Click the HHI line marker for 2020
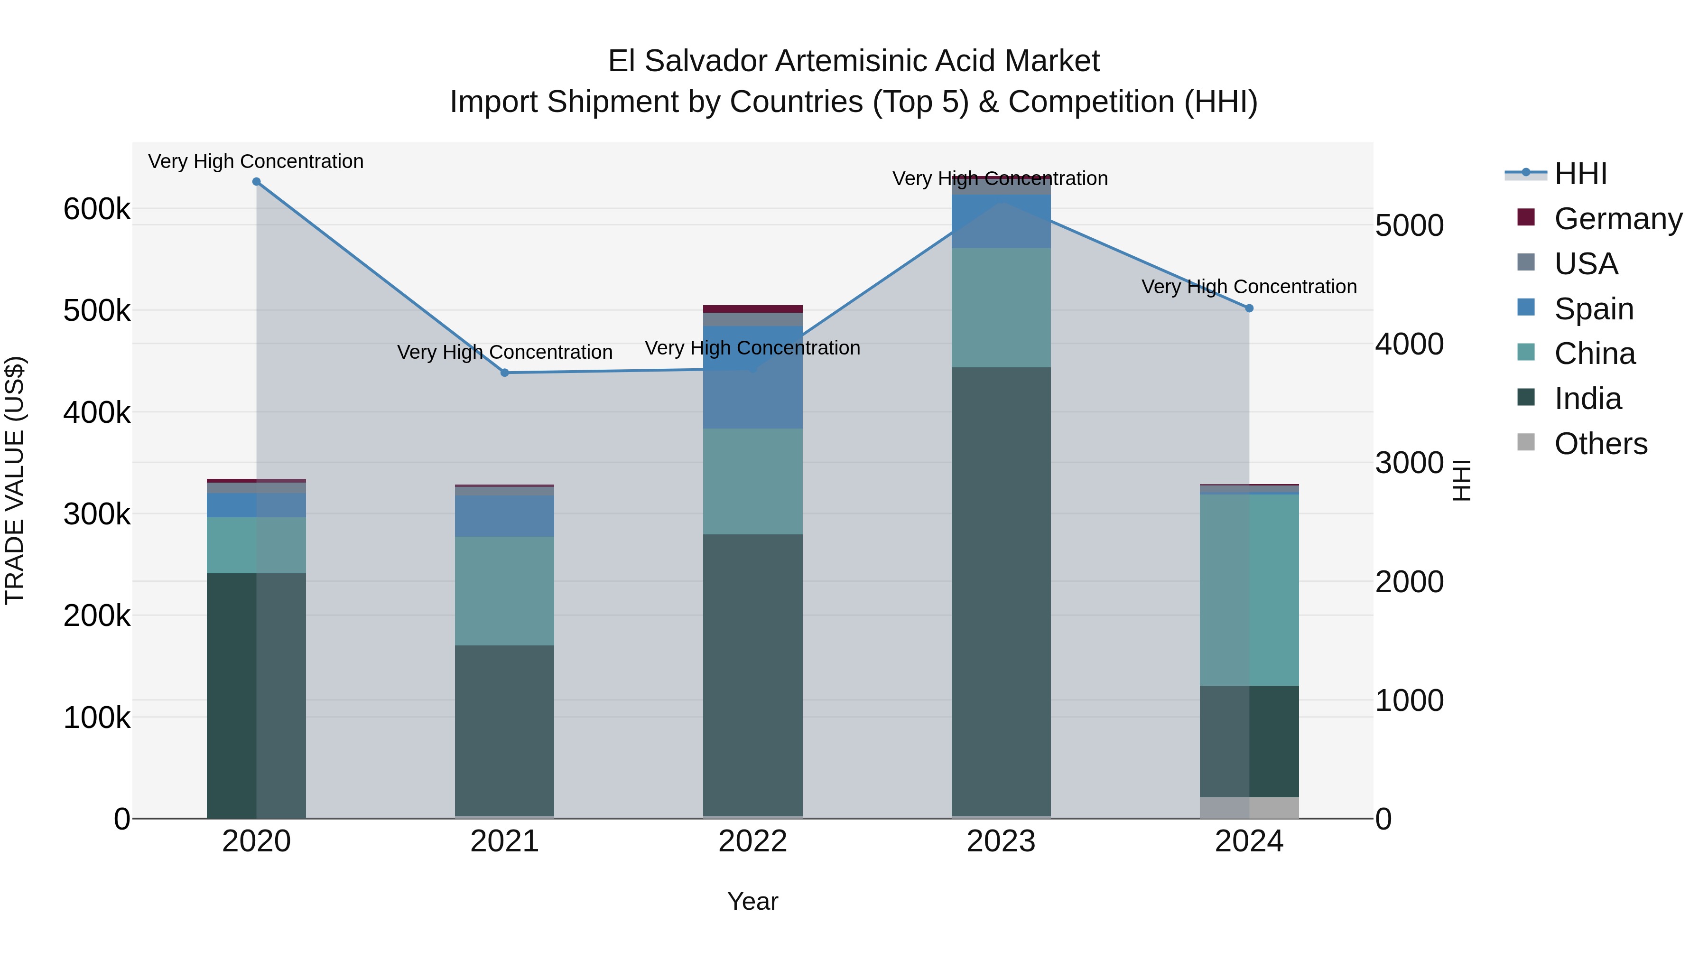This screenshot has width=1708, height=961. click(257, 182)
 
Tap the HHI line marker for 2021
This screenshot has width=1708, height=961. click(505, 373)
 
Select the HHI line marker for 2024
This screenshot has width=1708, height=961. click(1249, 308)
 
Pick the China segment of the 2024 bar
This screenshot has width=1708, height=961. click(1249, 590)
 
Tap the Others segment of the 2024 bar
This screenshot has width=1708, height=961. click(1249, 807)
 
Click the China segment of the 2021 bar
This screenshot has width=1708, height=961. click(505, 591)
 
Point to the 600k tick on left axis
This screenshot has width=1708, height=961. click(97, 210)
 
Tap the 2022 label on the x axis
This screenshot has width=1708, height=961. click(752, 841)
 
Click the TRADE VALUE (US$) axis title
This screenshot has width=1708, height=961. click(15, 480)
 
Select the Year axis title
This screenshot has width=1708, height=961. click(752, 901)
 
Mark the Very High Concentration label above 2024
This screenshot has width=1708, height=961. click(1249, 287)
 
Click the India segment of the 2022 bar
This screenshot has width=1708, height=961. click(752, 675)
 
